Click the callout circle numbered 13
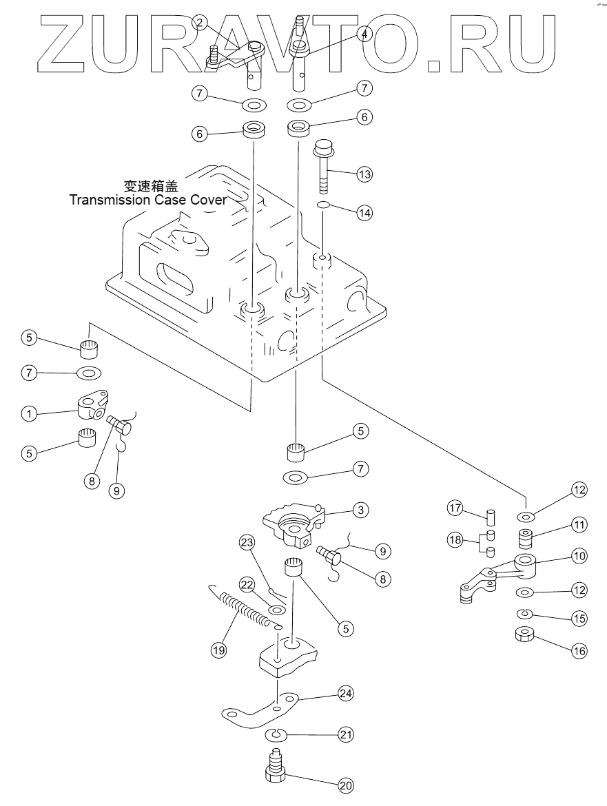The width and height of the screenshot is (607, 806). click(364, 174)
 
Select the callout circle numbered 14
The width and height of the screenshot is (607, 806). click(364, 213)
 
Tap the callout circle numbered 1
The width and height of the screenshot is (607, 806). click(28, 414)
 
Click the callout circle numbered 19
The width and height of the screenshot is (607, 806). click(218, 648)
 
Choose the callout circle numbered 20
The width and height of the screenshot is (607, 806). click(344, 784)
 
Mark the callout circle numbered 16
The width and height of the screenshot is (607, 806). click(579, 650)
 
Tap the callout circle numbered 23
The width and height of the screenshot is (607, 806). click(247, 542)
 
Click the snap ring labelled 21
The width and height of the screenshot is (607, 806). click(277, 734)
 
